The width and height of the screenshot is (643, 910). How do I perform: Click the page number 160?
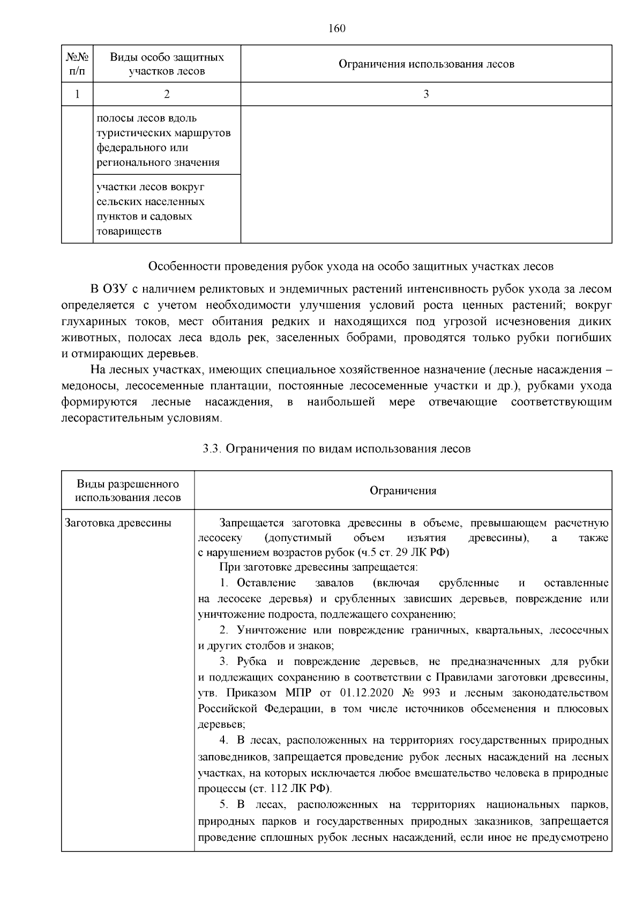tap(337, 28)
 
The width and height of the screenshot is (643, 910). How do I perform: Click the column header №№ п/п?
tap(77, 64)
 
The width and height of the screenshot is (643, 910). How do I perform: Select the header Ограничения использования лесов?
tap(426, 64)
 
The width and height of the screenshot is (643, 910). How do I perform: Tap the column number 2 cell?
tap(167, 94)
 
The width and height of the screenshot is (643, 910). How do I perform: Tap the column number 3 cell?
tap(426, 94)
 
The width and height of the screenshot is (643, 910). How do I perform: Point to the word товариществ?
tap(128, 232)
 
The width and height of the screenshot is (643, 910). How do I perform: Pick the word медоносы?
tap(89, 386)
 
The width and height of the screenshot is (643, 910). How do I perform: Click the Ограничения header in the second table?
tap(403, 491)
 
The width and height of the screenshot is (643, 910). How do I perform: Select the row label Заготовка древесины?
tap(118, 523)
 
